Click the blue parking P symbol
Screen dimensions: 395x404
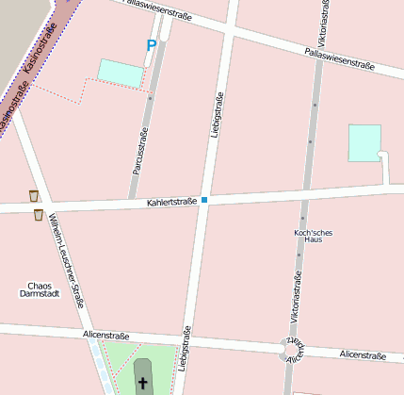coord(151,44)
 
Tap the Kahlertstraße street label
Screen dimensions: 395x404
coord(171,201)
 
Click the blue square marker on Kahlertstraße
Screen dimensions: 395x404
coord(203,200)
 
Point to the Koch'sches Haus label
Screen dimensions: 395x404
coord(314,236)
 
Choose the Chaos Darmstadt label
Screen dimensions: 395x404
coord(40,289)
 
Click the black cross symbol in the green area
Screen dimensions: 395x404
coord(144,383)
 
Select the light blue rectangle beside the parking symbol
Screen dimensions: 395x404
coord(121,71)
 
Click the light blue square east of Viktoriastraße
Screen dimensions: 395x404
coord(364,142)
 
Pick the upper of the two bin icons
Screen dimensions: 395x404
coord(34,196)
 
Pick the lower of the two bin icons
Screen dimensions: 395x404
coord(39,215)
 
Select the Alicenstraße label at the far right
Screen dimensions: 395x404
coord(364,355)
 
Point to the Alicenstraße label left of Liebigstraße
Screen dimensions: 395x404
coord(106,335)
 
